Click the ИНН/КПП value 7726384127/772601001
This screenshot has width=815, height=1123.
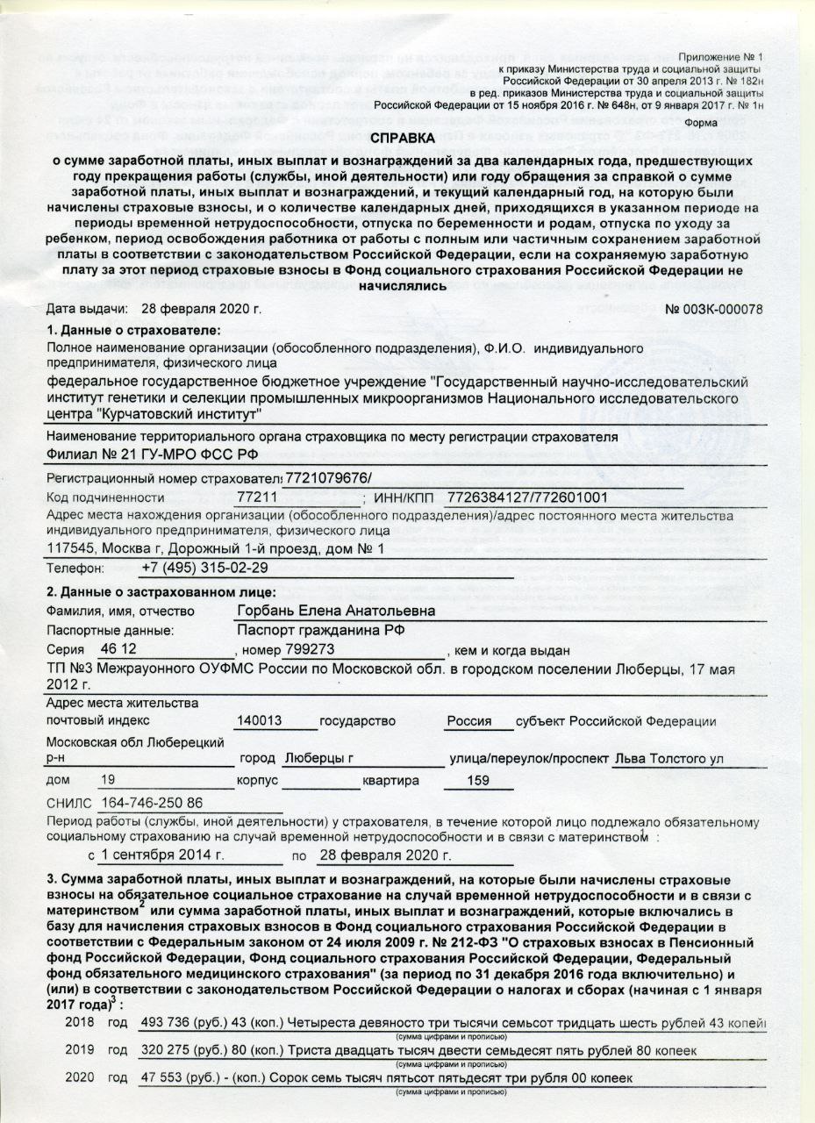pyautogui.click(x=527, y=498)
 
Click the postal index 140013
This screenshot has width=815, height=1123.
pyautogui.click(x=259, y=721)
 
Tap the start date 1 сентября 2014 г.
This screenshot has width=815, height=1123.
pyautogui.click(x=163, y=855)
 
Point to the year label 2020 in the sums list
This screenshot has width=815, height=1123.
pyautogui.click(x=80, y=1077)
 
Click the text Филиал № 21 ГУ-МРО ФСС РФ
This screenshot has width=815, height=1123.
pyautogui.click(x=153, y=454)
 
